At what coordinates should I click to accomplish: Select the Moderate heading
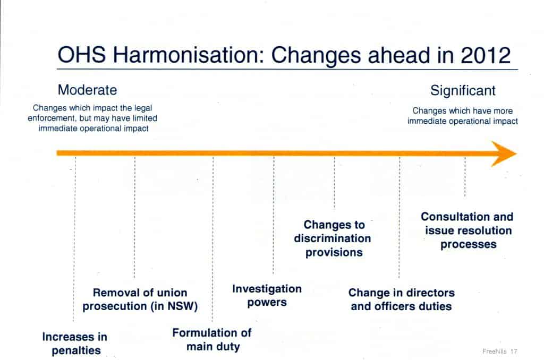(87, 89)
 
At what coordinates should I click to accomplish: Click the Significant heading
(463, 90)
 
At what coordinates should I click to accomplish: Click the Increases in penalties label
(74, 343)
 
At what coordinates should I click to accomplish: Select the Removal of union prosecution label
(140, 299)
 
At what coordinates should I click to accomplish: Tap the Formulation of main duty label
(212, 340)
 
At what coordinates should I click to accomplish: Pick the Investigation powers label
(267, 295)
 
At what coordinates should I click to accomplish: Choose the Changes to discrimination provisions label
(333, 238)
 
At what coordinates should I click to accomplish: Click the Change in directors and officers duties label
(402, 299)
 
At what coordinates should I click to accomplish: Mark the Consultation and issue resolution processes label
(467, 230)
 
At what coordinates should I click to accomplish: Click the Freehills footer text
(495, 352)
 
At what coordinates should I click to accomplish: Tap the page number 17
(514, 352)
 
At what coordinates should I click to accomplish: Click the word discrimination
(333, 238)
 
